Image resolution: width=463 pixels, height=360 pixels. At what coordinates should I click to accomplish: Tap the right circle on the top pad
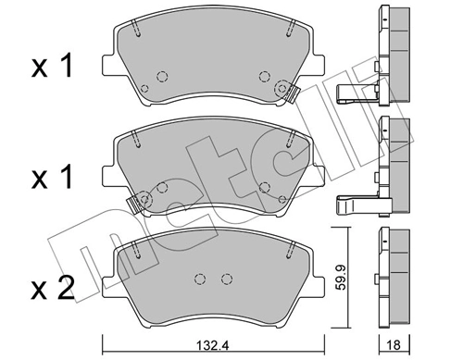pos(265,78)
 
